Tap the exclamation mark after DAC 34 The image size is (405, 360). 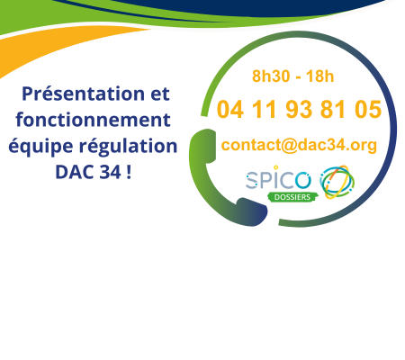click(x=129, y=171)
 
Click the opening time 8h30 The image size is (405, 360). click(x=268, y=76)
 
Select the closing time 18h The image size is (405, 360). click(x=319, y=76)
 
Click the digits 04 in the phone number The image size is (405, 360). click(x=230, y=111)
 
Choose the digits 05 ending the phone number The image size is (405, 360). click(x=366, y=111)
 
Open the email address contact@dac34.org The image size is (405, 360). click(x=298, y=145)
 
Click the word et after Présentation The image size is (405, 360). click(x=157, y=94)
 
